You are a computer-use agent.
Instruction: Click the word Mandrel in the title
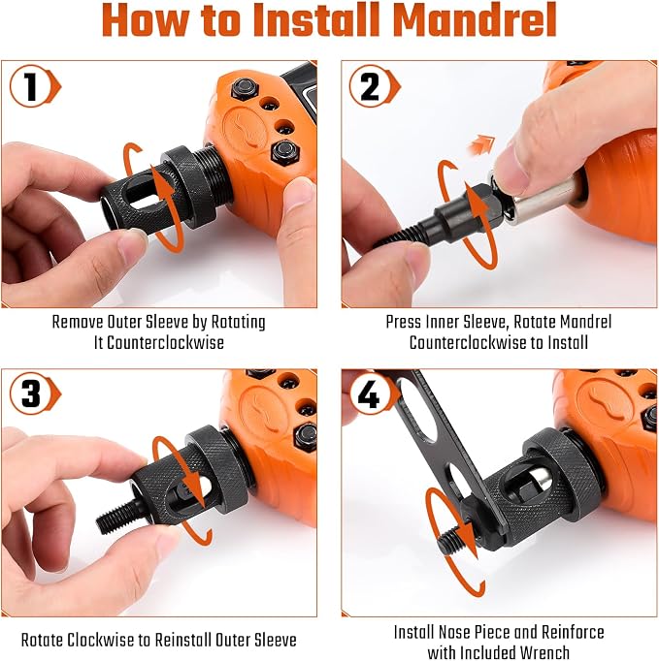coord(475,19)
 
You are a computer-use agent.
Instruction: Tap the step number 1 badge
coord(34,86)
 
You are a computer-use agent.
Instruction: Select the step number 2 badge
coord(374,86)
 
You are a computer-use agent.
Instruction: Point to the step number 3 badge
coord(34,393)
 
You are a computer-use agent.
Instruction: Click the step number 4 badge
coord(372,393)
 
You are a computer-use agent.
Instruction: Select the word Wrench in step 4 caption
coord(544,652)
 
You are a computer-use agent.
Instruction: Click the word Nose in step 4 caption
coord(455,632)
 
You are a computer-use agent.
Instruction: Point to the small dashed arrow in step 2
coord(480,144)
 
